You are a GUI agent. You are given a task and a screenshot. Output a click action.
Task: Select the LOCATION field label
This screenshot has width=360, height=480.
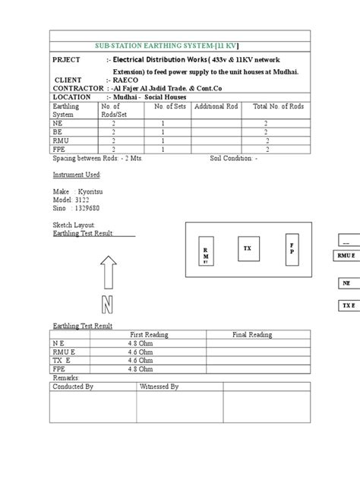tap(75, 97)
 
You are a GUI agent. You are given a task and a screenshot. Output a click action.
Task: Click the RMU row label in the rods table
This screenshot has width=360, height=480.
tap(61, 140)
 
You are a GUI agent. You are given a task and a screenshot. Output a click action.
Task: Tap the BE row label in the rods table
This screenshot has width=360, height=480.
tap(58, 131)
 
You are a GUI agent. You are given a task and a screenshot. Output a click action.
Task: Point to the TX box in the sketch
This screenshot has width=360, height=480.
tap(246, 249)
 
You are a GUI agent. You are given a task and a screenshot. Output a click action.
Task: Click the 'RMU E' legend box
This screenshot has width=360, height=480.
tap(346, 256)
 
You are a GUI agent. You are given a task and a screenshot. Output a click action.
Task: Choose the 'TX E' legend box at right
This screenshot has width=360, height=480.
tap(347, 305)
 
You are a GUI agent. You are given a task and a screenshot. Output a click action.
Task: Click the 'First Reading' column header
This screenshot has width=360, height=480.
tap(149, 334)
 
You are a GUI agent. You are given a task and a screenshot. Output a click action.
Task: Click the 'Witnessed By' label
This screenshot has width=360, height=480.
tap(159, 387)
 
